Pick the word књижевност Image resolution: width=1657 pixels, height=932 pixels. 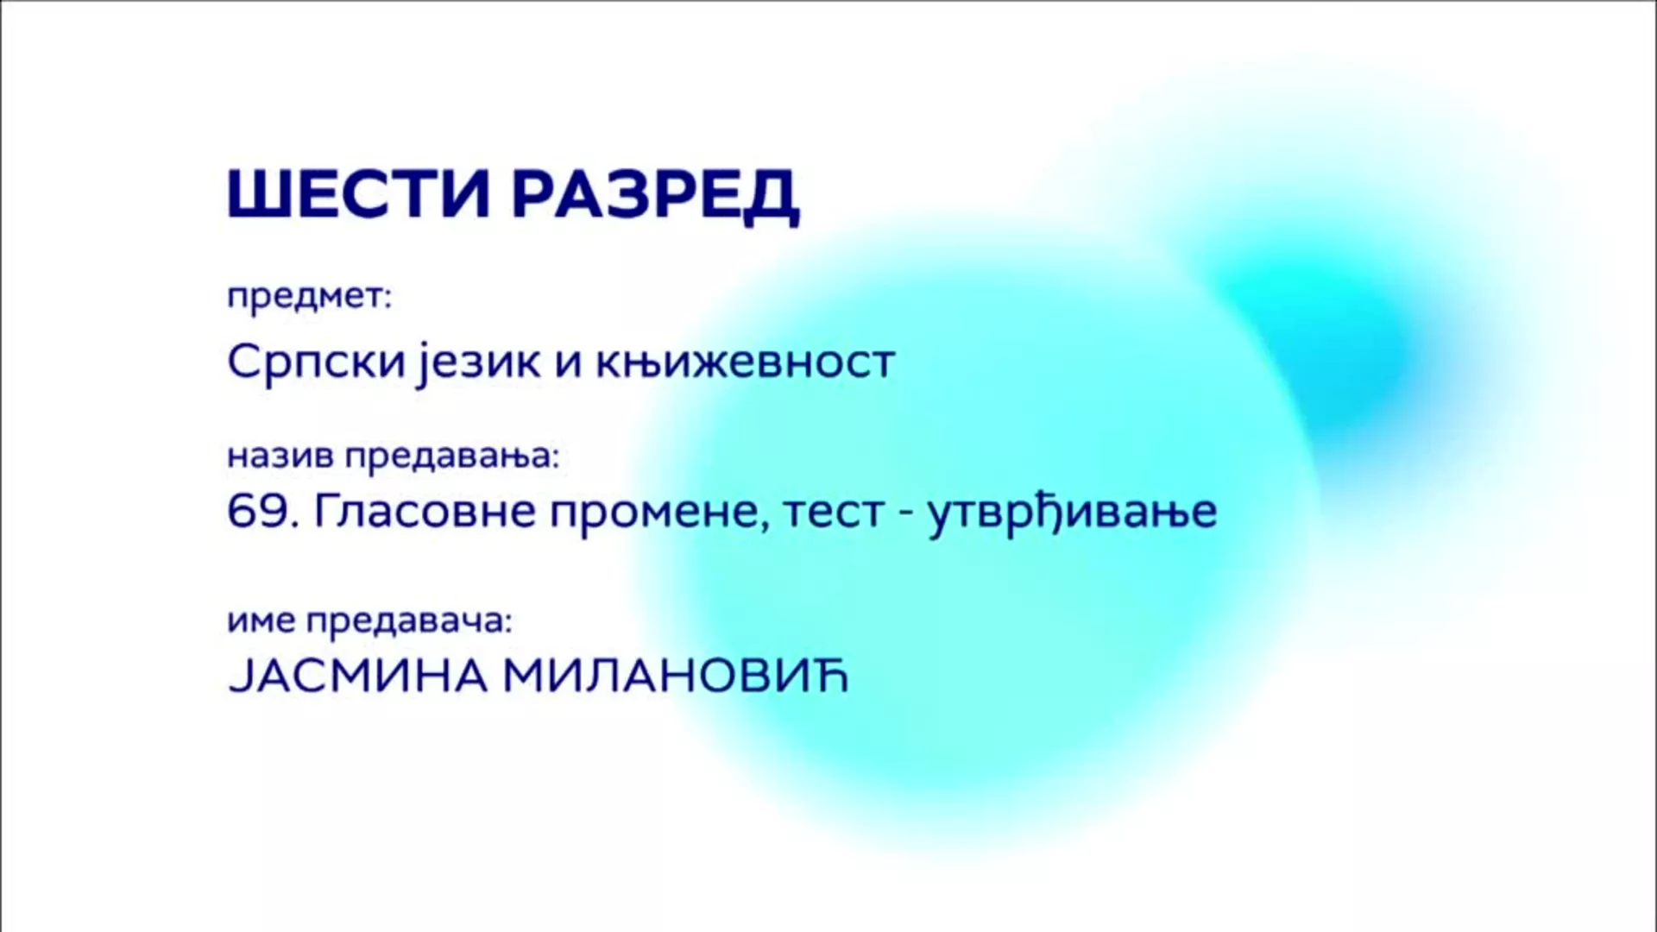coord(745,362)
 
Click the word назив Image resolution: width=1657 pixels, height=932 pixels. coord(280,456)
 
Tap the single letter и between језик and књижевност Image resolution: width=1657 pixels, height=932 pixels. coord(566,364)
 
